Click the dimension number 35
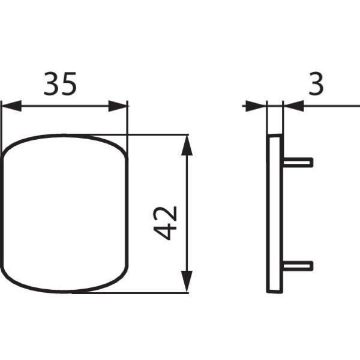pos(60,83)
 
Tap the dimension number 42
pos(165,223)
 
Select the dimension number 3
pos(316,83)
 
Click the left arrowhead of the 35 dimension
pos(11,106)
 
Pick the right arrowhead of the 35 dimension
pos(118,106)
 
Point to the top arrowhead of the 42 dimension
pos(187,146)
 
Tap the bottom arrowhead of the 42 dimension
pos(187,281)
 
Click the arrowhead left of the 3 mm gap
pos(256,106)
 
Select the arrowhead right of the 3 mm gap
pos(294,106)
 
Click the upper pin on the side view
pos(298,163)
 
